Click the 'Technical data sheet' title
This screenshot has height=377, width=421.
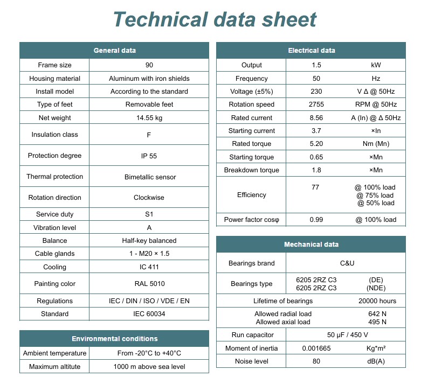point(215,19)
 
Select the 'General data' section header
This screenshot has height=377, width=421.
point(114,51)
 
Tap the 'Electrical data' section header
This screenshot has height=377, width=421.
point(311,51)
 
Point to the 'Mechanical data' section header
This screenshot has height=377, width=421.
point(311,245)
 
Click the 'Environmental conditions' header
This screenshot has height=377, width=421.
point(114,339)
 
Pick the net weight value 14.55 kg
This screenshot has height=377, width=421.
point(149,118)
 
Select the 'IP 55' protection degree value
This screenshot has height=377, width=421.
point(149,156)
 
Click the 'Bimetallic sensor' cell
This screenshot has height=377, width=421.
point(149,177)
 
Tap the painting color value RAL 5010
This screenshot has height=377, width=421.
point(149,284)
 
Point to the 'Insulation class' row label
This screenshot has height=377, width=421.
point(54,135)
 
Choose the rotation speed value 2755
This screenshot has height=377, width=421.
point(316,104)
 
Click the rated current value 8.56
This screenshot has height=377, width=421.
point(316,118)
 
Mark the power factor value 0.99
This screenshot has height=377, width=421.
point(316,220)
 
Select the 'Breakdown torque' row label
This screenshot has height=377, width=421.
point(251,170)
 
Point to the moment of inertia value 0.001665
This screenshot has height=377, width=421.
point(316,348)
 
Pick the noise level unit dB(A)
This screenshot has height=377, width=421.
point(376,361)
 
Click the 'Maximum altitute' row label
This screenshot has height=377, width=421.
point(54,367)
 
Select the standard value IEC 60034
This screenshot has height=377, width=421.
point(149,314)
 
